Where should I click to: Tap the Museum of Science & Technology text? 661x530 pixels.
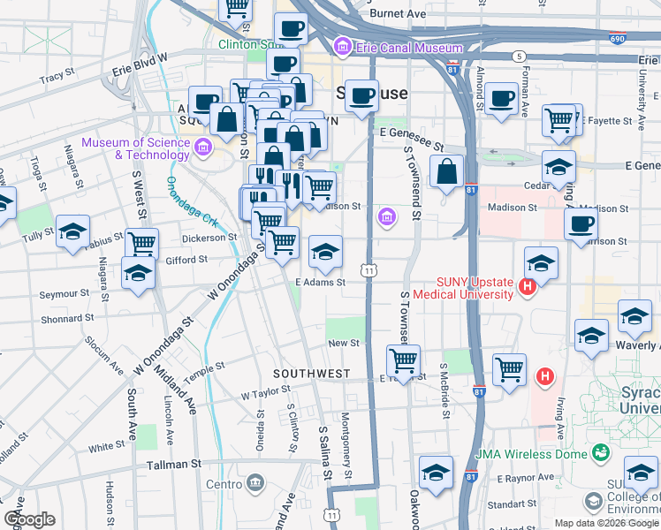(135, 148)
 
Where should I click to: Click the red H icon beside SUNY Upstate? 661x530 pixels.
(528, 287)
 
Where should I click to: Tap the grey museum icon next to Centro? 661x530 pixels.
(256, 483)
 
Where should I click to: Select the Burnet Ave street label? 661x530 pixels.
(399, 14)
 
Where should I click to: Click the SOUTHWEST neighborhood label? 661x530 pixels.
(311, 374)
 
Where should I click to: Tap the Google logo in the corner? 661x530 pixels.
(29, 519)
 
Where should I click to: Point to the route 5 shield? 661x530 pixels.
(518, 56)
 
